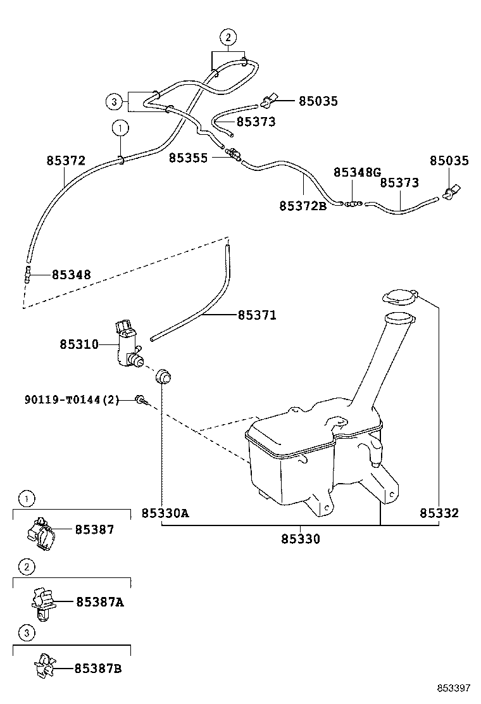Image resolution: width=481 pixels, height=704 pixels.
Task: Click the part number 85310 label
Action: [79, 344]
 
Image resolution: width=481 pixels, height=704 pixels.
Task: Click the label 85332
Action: [439, 513]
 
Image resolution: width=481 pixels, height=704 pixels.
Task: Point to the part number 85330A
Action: [165, 513]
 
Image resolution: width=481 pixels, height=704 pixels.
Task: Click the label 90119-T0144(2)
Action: [72, 399]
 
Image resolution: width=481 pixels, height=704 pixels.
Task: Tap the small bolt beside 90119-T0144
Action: [141, 399]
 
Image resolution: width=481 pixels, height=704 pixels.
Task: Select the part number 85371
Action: [257, 315]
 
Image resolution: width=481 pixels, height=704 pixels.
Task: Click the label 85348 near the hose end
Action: [71, 275]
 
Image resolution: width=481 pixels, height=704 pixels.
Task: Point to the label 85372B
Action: [303, 206]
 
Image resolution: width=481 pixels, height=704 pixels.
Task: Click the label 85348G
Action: [358, 172]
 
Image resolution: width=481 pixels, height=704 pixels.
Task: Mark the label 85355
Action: [188, 157]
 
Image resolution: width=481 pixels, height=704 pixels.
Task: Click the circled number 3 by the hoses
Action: [113, 101]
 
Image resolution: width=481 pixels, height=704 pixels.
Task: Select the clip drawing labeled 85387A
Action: [42, 602]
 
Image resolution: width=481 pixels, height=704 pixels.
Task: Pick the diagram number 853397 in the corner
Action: [452, 688]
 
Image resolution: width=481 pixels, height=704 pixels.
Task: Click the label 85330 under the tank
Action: [301, 539]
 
